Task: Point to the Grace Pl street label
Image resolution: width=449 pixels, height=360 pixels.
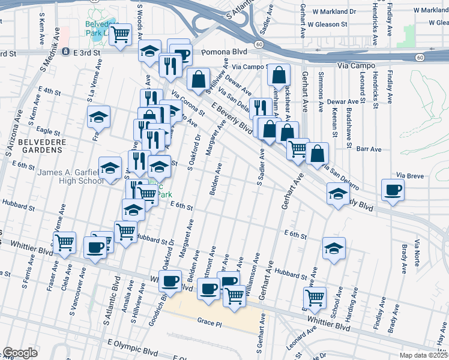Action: (209, 322)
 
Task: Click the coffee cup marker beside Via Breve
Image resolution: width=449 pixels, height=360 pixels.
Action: (393, 190)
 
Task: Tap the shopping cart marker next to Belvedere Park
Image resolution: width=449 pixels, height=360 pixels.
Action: (121, 34)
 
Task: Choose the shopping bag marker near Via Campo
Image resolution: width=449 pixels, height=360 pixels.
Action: (279, 75)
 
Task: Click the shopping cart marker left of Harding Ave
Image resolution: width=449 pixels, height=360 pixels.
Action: (315, 296)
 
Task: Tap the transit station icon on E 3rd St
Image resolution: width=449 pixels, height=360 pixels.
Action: (67, 52)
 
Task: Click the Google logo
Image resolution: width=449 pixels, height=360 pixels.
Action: (20, 353)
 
